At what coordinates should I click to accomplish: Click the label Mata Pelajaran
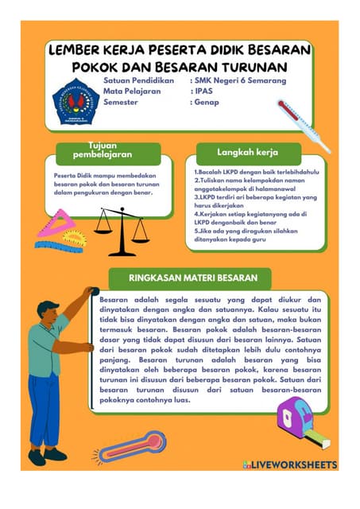132,91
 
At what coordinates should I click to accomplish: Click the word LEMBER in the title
77,49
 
